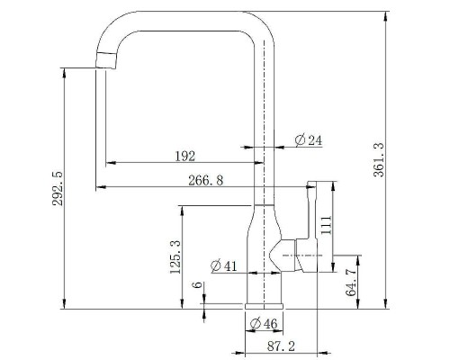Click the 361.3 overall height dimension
(379, 160)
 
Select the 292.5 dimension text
(58, 188)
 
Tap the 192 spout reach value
(184, 156)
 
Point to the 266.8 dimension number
(206, 181)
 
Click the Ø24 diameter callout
(309, 140)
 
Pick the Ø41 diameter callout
(224, 265)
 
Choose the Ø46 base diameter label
(264, 323)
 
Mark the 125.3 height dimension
(175, 256)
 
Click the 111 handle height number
(326, 225)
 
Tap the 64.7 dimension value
(351, 283)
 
